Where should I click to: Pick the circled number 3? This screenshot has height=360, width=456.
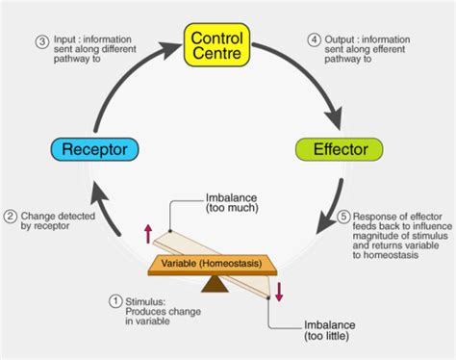coord(41,41)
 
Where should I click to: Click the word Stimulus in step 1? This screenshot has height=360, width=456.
coord(147,301)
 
